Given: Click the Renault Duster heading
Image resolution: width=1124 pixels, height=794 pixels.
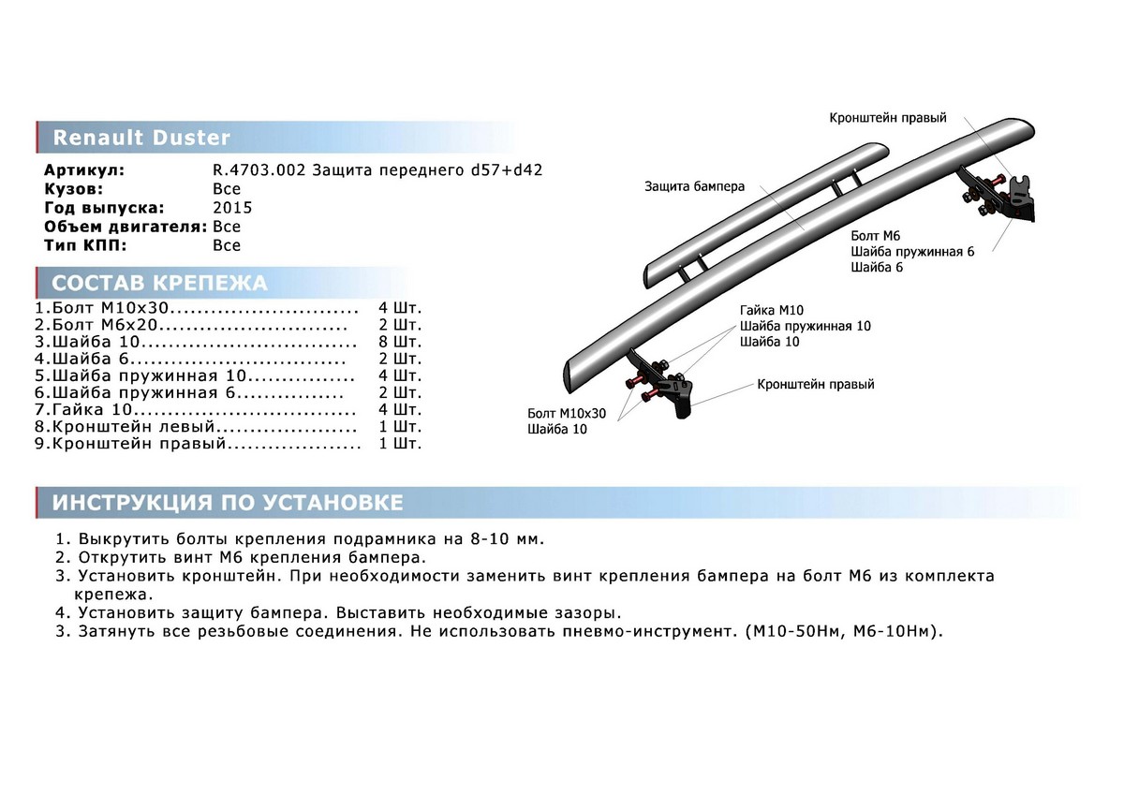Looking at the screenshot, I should coord(140,138).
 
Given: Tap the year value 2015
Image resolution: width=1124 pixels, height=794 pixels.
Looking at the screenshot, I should coord(232,208).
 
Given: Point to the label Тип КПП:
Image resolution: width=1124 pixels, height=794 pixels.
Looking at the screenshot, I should coord(84,245).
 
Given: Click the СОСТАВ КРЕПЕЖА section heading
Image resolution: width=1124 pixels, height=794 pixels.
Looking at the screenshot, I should coord(159,284).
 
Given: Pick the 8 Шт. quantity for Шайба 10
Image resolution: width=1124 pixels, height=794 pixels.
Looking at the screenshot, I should coord(400,342).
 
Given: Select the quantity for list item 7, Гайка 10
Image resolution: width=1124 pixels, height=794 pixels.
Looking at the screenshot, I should coord(400,409).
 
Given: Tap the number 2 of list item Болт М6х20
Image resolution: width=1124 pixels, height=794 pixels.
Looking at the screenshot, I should coord(39,325).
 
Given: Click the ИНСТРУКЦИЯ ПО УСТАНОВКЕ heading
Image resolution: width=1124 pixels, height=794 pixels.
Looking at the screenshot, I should coord(228,503).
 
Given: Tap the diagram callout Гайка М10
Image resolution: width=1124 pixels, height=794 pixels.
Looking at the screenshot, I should coord(771,310).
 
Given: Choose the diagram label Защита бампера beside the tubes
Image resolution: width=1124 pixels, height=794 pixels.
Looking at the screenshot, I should coord(694,186).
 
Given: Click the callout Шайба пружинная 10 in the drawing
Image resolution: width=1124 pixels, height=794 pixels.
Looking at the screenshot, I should coord(805,326).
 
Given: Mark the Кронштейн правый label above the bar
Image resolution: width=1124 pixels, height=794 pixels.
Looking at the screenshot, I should coord(887,118).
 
